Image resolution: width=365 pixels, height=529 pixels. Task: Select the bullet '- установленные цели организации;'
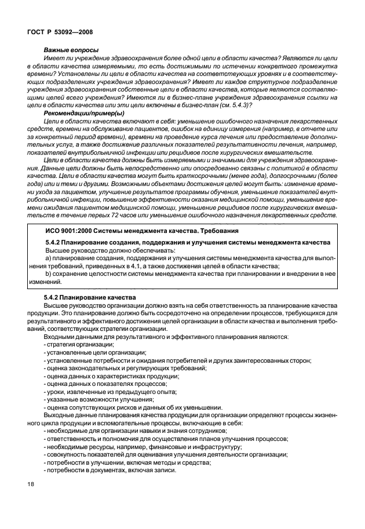[94, 352]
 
